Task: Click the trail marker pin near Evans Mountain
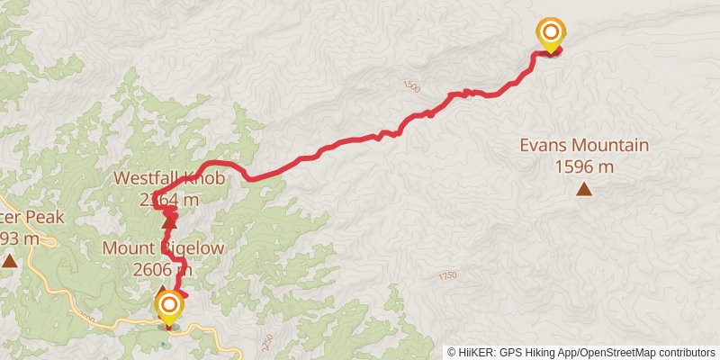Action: click(550, 34)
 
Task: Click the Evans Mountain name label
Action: click(584, 146)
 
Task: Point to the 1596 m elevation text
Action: click(584, 166)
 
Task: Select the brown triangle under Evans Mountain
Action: click(584, 189)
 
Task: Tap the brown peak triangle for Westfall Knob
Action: click(169, 217)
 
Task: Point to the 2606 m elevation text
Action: click(162, 268)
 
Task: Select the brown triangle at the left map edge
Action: click(9, 261)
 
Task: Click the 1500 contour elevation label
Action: click(411, 86)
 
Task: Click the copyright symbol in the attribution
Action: click(452, 352)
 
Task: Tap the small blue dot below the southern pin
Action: click(163, 343)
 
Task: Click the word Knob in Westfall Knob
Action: click(203, 178)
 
